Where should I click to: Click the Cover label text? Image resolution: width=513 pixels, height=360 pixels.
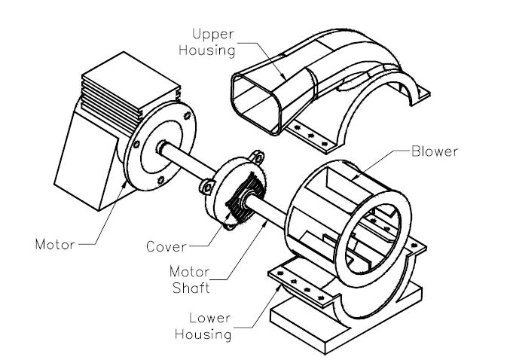(165, 246)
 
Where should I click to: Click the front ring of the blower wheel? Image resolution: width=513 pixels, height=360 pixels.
(381, 233)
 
